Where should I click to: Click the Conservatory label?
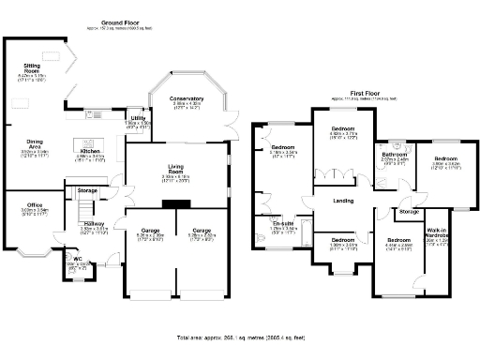186,99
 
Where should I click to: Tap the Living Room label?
175,170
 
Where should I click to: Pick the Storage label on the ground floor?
87,190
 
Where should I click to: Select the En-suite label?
283,222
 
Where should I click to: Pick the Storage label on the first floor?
409,212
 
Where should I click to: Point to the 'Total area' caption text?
240,336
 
